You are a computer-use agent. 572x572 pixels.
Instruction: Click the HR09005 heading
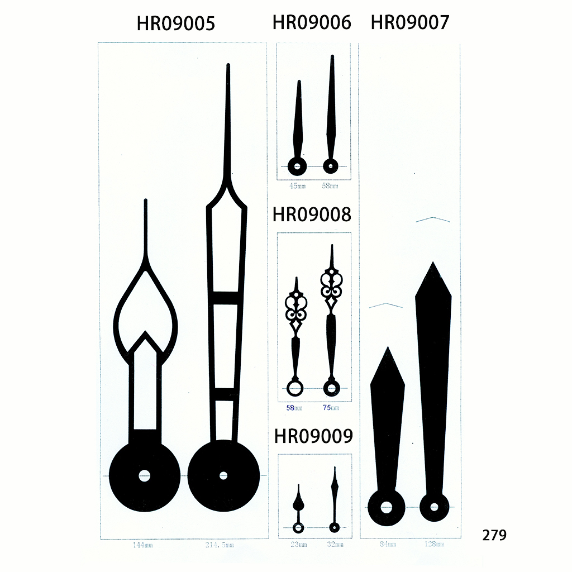(175, 23)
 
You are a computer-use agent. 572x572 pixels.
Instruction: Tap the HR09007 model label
(409, 22)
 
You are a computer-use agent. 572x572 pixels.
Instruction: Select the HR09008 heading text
(312, 214)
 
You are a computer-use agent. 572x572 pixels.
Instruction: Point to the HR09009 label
(313, 436)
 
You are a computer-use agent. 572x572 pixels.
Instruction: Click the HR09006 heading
(312, 22)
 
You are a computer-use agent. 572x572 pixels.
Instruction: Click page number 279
(494, 535)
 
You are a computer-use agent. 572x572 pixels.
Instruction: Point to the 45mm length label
(296, 186)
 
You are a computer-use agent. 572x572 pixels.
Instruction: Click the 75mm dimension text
(331, 408)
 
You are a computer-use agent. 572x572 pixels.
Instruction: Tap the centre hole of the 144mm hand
(145, 476)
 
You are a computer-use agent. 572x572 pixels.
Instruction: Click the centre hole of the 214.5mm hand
(223, 476)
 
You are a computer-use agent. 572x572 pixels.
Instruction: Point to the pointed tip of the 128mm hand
(432, 264)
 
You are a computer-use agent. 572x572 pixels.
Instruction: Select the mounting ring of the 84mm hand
(386, 507)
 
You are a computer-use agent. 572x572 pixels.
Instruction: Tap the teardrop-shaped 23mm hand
(298, 501)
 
